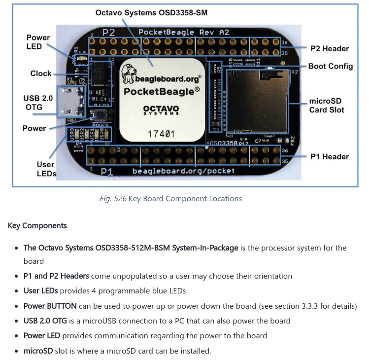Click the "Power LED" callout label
38,42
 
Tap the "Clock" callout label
41,73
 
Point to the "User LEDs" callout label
46,169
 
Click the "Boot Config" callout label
330,66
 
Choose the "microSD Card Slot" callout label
327,105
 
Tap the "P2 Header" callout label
330,48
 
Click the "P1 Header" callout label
330,156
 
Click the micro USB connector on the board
67,101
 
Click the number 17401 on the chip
161,133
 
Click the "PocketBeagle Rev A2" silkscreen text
183,33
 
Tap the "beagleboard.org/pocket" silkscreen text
183,171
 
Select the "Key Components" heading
37,225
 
